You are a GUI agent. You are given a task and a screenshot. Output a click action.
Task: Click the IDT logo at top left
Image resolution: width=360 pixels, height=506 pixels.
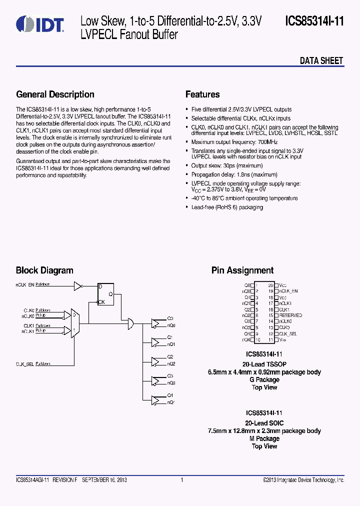(39, 24)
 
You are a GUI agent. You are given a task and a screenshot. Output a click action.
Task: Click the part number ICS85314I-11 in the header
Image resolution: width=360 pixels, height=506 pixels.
(314, 21)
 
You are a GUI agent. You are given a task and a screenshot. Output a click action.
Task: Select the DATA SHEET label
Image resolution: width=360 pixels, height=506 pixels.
(321, 61)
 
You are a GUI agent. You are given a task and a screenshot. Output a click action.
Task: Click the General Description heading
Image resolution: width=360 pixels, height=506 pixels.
(55, 94)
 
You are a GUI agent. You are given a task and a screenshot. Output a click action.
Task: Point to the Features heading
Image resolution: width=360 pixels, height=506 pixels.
(202, 94)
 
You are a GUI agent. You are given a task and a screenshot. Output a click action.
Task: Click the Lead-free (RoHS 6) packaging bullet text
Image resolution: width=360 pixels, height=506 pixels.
(227, 207)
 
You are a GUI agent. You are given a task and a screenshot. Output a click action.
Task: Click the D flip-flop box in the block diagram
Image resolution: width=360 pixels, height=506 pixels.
(106, 293)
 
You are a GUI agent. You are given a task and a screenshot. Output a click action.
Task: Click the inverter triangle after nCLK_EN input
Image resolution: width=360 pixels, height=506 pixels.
(77, 286)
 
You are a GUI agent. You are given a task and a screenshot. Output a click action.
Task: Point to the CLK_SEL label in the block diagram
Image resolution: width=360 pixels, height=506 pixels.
(24, 364)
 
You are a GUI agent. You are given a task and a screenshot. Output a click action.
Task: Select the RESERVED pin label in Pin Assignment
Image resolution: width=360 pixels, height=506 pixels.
(290, 315)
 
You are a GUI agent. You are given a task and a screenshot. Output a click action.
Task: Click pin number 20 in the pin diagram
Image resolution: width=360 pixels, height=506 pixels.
(270, 285)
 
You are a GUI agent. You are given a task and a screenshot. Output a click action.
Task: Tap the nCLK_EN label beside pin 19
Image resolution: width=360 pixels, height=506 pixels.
(288, 291)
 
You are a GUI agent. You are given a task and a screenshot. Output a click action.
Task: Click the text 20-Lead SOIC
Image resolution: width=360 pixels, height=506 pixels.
(264, 423)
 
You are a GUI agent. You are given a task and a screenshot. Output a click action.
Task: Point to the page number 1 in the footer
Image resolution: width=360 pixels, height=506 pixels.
(182, 480)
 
